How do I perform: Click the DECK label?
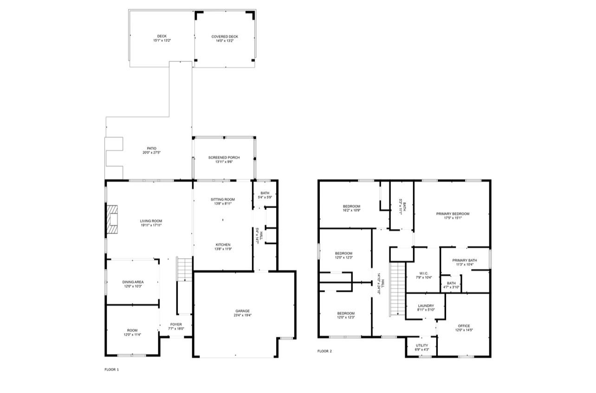162,36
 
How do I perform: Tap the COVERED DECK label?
225,36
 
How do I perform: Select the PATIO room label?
149,149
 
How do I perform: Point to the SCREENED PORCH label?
224,158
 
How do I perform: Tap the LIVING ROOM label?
151,221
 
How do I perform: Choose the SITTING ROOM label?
223,199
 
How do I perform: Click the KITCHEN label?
223,245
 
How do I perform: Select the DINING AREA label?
133,282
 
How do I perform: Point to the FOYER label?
176,325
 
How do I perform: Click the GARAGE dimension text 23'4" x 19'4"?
242,315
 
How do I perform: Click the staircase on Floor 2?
396,288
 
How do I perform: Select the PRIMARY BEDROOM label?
453,214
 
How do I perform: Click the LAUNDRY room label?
425,306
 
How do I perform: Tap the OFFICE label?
464,326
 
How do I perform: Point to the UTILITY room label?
422,346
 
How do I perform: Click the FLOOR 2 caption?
324,351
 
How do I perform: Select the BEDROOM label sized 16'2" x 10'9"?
351,206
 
